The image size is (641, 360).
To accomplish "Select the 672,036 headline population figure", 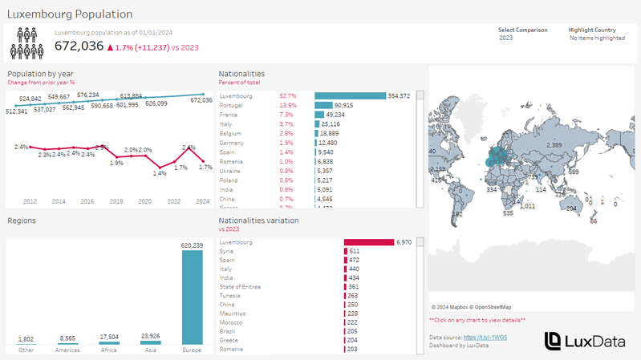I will pyautogui.click(x=79, y=47).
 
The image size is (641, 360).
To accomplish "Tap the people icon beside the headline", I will pyautogui.click(x=27, y=43).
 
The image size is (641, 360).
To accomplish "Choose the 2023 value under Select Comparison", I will pyautogui.click(x=506, y=38).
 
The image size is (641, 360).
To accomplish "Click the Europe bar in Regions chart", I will pyautogui.click(x=192, y=297).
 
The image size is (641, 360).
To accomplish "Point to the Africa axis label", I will pyautogui.click(x=108, y=350).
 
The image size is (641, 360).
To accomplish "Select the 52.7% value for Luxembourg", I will pyautogui.click(x=288, y=95).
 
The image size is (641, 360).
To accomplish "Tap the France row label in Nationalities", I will pyautogui.click(x=229, y=115).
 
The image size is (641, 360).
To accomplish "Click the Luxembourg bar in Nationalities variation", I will pyautogui.click(x=369, y=242).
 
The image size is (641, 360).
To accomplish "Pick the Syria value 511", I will pyautogui.click(x=355, y=251).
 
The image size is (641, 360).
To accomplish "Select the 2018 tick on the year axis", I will pyautogui.click(x=116, y=201).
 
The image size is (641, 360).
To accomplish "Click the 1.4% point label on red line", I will pyautogui.click(x=160, y=172).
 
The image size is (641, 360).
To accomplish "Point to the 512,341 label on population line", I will pyautogui.click(x=18, y=111).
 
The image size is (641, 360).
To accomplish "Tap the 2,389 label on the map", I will pyautogui.click(x=554, y=144).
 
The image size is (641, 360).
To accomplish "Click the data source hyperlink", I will pyautogui.click(x=491, y=338).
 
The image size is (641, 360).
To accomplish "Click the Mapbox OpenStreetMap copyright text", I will pyautogui.click(x=471, y=305).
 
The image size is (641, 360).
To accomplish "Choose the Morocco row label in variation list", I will pyautogui.click(x=232, y=322).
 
